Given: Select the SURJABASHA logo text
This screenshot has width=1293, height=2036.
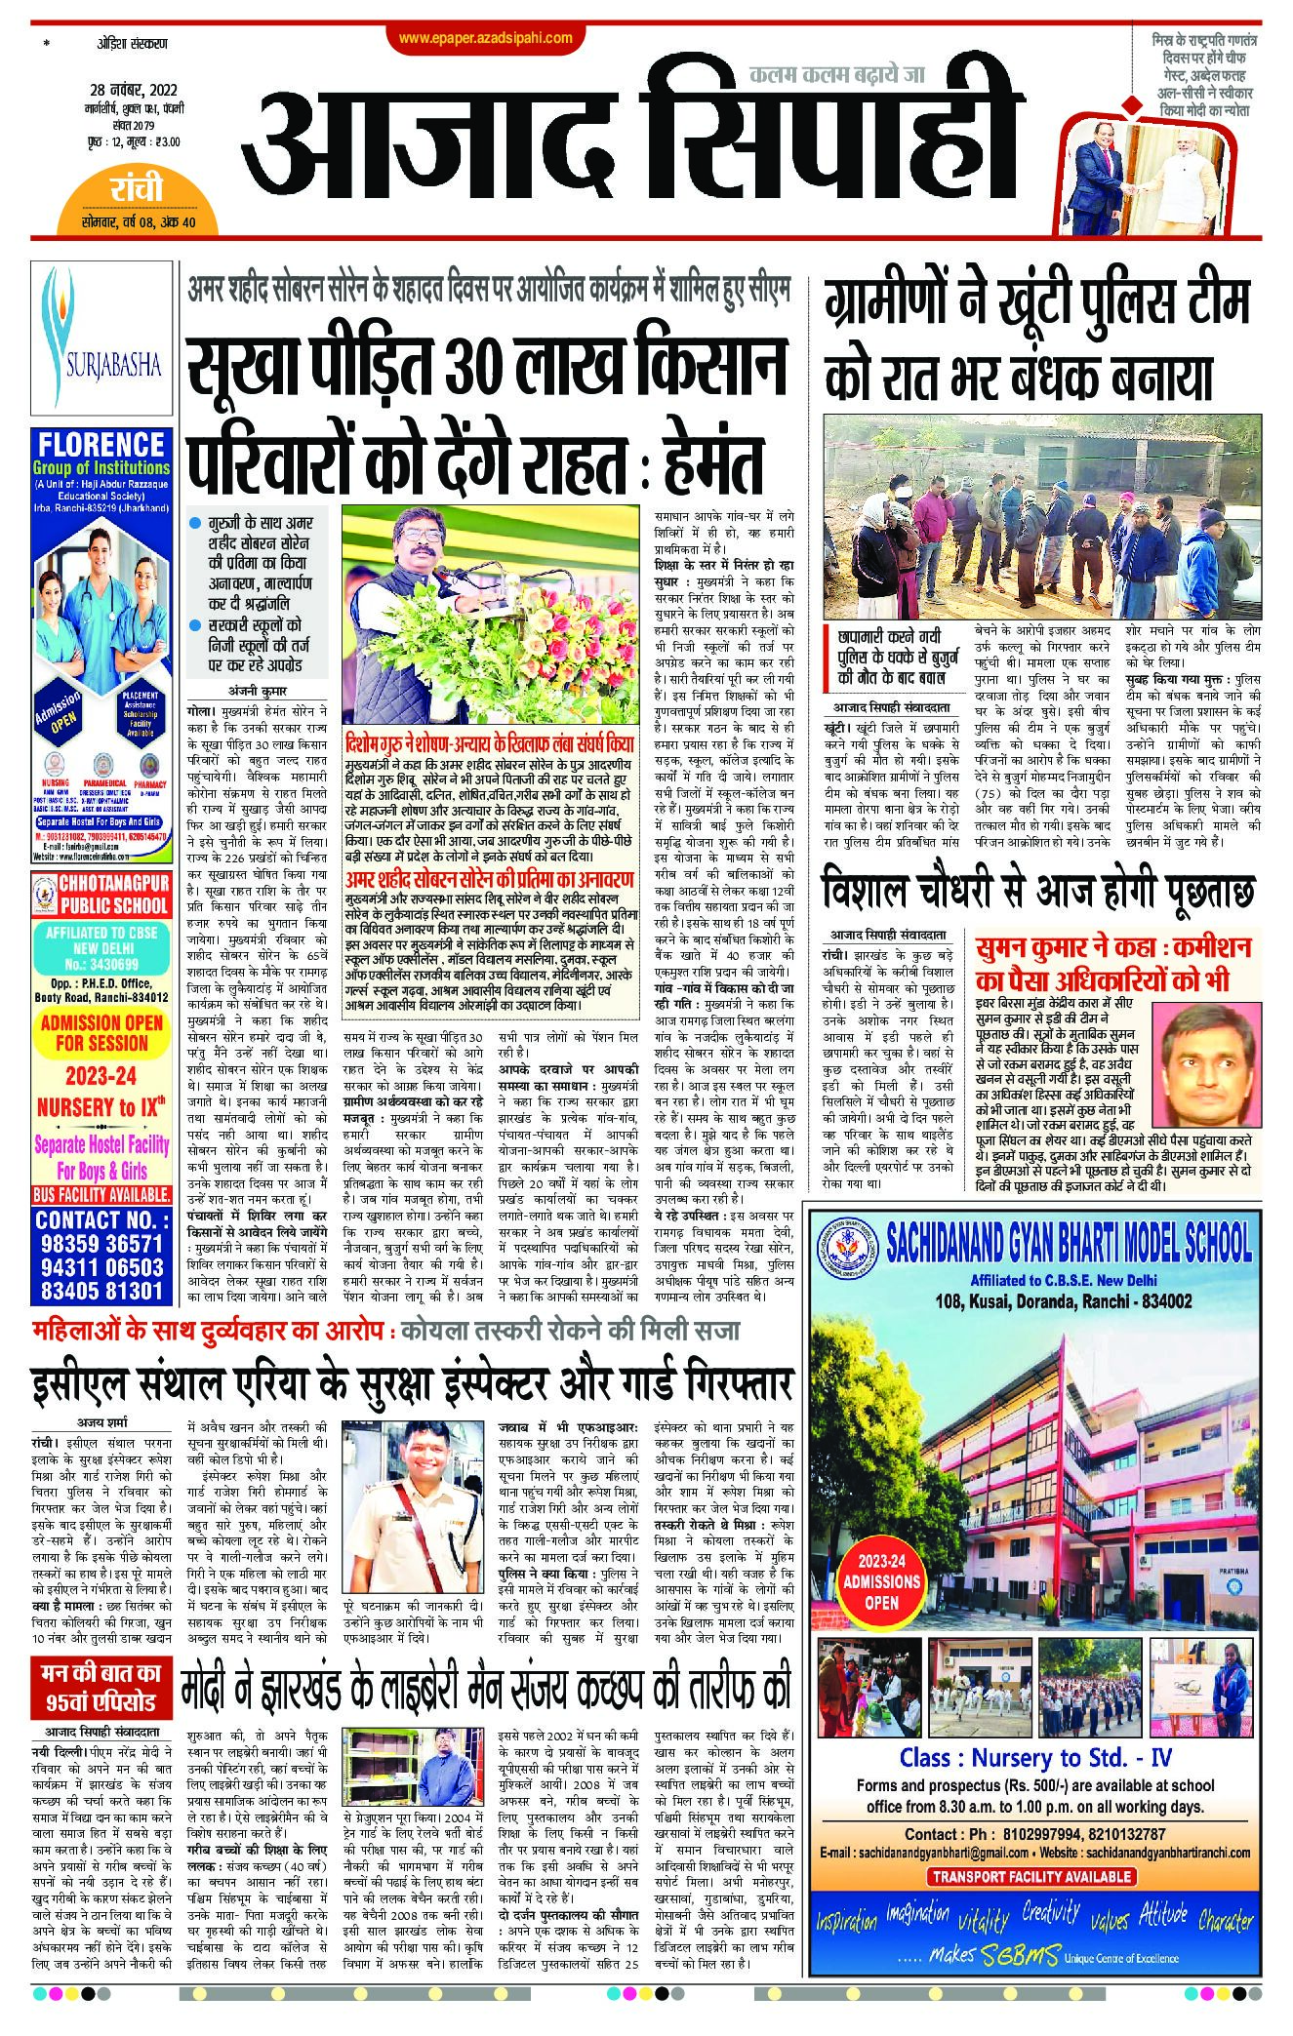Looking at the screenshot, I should click(102, 367).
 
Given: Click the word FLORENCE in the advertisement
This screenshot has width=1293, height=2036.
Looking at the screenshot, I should click(102, 445).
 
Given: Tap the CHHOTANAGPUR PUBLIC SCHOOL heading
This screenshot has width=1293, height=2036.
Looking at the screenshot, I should click(101, 896).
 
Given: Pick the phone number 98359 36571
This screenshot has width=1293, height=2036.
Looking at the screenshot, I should click(101, 1244).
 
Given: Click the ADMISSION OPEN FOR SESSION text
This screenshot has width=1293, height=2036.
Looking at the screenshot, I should click(101, 1032).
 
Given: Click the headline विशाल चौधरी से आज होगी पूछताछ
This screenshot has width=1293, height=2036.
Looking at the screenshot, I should click(1037, 892).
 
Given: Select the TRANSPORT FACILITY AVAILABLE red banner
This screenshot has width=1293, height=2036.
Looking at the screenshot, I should click(1030, 1875).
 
